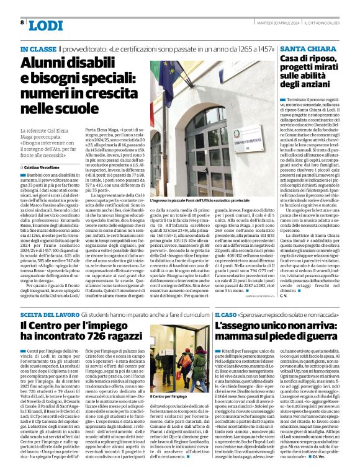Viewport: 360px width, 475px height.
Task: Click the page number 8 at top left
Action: pyautogui.click(x=22, y=22)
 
